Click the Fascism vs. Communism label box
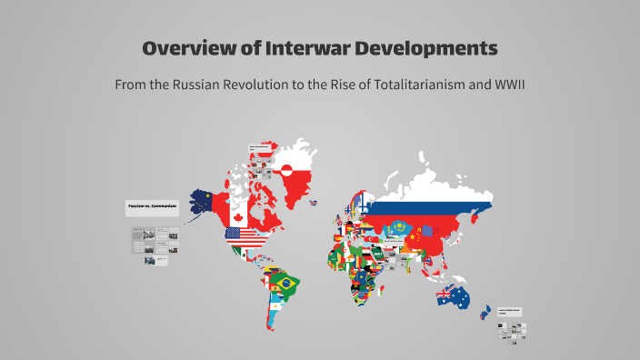pos(151,207)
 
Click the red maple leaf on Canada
pos(238,216)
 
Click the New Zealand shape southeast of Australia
pos(483,311)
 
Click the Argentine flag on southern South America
pos(274,314)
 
